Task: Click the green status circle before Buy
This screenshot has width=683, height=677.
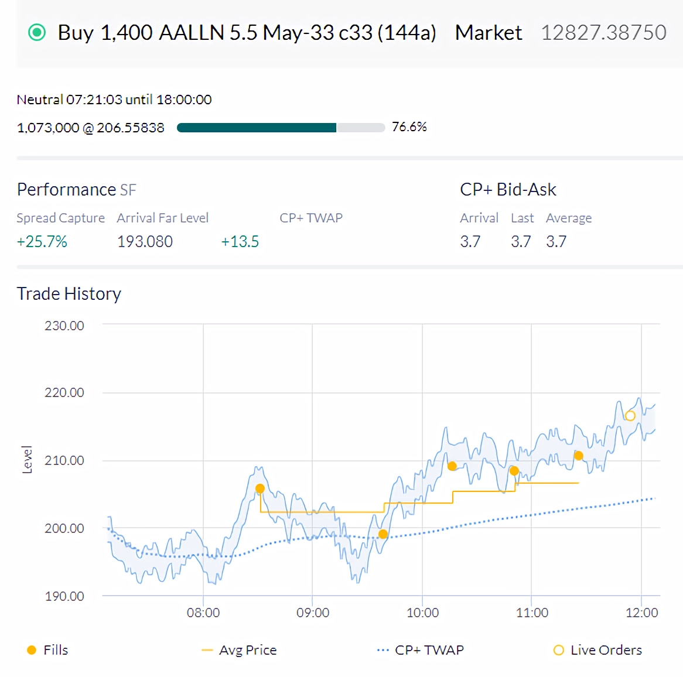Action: click(x=36, y=33)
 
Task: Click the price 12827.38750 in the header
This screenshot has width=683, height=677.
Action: click(x=604, y=33)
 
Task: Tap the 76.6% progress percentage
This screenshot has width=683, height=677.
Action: click(x=409, y=126)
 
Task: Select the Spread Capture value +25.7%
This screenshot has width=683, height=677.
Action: click(x=42, y=241)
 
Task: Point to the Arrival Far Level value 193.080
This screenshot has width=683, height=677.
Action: click(x=145, y=241)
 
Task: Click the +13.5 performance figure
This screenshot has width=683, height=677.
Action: click(x=240, y=241)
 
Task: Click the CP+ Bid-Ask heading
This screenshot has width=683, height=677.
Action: click(x=508, y=189)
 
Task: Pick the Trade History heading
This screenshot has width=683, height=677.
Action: click(x=69, y=294)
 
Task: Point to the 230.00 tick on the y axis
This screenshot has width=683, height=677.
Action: click(x=64, y=326)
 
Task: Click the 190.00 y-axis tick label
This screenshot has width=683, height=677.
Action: click(x=64, y=596)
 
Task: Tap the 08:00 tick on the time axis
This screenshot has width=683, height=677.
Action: click(x=203, y=613)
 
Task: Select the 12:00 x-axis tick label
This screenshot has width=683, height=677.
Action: click(x=641, y=613)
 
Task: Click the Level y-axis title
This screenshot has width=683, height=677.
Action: click(x=27, y=459)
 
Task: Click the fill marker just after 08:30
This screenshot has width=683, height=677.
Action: click(x=260, y=488)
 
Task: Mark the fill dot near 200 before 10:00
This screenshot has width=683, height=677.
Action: click(x=383, y=534)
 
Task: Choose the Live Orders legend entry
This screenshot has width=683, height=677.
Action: click(x=597, y=650)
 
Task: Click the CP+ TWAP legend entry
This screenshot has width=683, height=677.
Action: click(x=421, y=650)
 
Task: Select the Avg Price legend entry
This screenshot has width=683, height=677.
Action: click(x=239, y=650)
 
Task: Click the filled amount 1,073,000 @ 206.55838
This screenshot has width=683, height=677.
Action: click(x=91, y=128)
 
